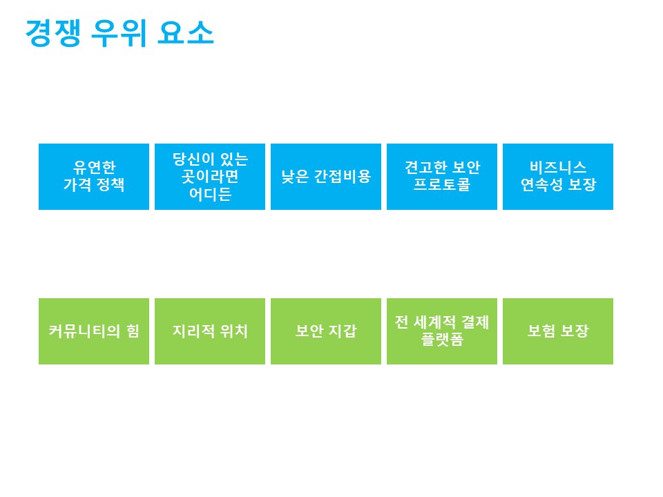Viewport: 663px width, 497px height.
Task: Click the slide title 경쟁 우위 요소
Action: (119, 32)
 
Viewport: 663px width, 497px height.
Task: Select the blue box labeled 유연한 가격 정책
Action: (94, 177)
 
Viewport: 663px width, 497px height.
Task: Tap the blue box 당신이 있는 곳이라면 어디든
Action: (210, 177)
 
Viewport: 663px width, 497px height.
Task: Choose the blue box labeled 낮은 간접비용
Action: (326, 177)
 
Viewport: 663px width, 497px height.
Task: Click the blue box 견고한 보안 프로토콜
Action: (442, 177)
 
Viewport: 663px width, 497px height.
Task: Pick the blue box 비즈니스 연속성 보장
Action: (558, 177)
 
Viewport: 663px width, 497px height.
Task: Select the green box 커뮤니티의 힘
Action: (94, 331)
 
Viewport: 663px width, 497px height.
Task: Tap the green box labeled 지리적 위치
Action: (210, 331)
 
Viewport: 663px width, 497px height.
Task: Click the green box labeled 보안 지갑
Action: (326, 331)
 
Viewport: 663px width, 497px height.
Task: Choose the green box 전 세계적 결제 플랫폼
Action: (442, 331)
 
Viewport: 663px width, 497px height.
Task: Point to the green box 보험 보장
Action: (558, 331)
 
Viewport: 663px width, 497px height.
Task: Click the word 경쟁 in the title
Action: (53, 32)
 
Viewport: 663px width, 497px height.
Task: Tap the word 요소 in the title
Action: (186, 32)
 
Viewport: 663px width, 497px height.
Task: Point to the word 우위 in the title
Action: (119, 32)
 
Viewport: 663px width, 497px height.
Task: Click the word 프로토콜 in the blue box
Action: (442, 185)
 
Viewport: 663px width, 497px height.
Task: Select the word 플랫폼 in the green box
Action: (442, 339)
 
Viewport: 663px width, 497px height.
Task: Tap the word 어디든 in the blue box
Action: (210, 194)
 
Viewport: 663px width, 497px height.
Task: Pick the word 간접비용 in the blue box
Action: (343, 176)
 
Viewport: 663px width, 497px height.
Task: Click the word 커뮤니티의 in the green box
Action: (84, 331)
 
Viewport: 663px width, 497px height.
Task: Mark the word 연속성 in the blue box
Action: (541, 185)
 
